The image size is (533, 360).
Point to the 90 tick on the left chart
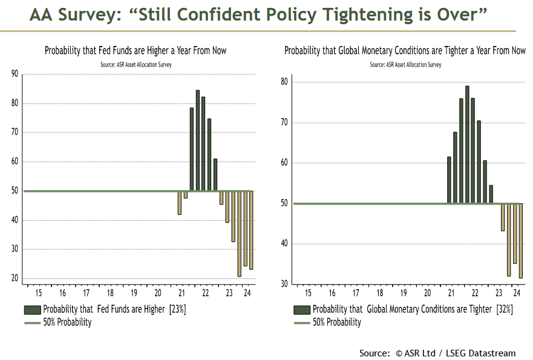pos(15,74)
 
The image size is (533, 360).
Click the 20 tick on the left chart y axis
pos(15,278)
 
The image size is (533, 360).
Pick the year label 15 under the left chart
pos(38,293)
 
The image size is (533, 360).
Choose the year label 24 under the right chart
pos(516,293)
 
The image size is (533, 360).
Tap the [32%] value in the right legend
pos(504,309)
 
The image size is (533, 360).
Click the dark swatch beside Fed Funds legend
pos(32,309)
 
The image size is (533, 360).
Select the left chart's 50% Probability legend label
pos(67,322)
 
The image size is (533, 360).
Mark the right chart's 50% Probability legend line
pos(301,322)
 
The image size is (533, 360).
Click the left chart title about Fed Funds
pos(136,51)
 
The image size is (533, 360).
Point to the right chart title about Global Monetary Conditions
pos(405,51)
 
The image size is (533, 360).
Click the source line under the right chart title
pos(405,64)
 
